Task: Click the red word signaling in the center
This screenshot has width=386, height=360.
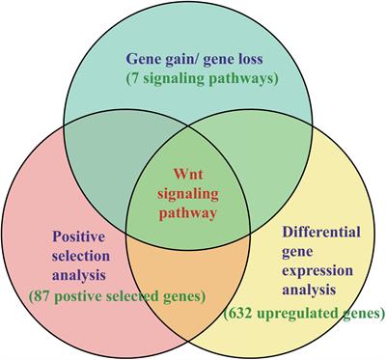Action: point(194,190)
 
